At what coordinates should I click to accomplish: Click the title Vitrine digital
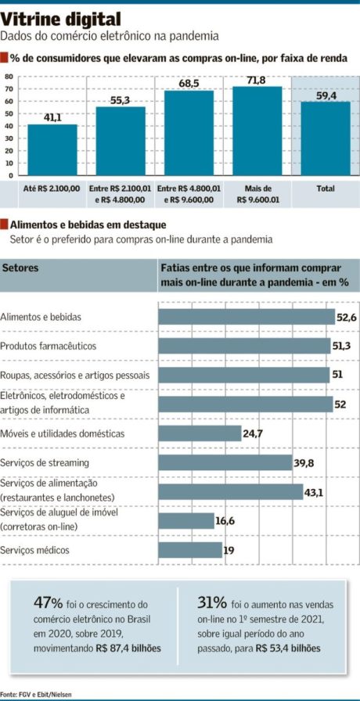point(61,20)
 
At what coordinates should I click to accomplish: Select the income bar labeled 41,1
point(52,149)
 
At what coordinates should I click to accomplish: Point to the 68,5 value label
point(189,84)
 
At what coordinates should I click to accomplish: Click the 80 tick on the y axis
point(9,77)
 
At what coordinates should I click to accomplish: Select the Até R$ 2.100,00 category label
point(52,189)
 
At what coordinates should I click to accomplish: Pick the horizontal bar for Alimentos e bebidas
point(247,317)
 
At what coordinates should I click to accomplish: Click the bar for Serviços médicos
point(190,550)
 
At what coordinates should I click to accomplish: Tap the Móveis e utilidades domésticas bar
point(200,433)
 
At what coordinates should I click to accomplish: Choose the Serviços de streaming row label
point(45,462)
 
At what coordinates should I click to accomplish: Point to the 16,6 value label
point(225,520)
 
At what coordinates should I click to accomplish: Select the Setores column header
point(20,268)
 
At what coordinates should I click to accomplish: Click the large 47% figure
point(48,602)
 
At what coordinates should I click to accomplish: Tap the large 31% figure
point(212,602)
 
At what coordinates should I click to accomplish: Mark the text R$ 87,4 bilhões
point(128,648)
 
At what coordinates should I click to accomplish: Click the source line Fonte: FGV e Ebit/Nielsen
point(31,693)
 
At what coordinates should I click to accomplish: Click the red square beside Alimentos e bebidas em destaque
point(4,224)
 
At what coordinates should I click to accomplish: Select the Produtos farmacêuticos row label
point(48,347)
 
